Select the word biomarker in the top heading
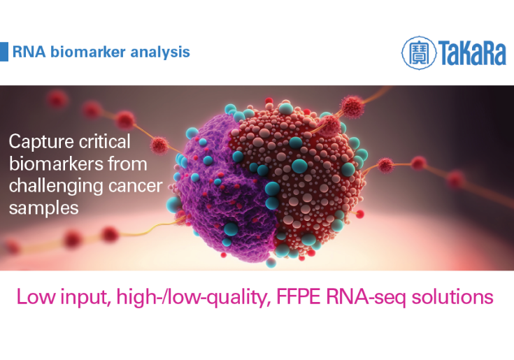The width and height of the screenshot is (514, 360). [x=88, y=52]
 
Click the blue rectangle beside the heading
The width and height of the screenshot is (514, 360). [x=4, y=52]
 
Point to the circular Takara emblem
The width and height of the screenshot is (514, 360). [x=419, y=52]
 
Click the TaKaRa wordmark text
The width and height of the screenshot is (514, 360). [x=472, y=52]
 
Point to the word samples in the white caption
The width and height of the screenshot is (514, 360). [x=43, y=208]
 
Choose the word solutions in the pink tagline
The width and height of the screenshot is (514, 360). [x=452, y=296]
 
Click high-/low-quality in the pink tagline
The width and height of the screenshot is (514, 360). [x=194, y=297]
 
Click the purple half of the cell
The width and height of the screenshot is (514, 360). [x=226, y=190]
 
